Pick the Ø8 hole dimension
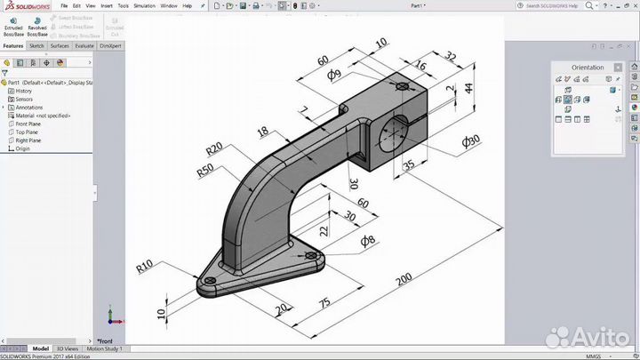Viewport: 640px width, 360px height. coord(367,240)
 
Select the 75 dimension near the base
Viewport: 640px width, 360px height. coord(325,302)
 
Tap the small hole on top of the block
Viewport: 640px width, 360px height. coord(404,86)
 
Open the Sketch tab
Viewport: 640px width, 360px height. coord(36,45)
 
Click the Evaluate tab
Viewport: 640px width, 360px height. coord(84,45)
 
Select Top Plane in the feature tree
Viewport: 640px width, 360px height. coord(27,132)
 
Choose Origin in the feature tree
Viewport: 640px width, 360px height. coord(22,148)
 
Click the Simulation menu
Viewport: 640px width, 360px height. coord(143,5)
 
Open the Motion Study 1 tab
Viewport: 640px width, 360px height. coord(104,348)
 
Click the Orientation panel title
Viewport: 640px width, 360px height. coord(587,68)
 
